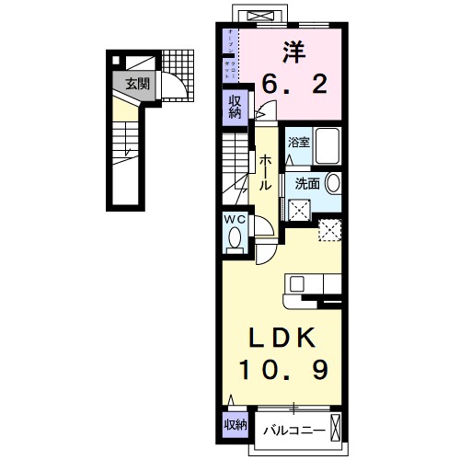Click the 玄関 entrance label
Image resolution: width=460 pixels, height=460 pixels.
pyautogui.click(x=136, y=84)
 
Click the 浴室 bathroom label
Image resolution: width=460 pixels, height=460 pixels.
pyautogui.click(x=299, y=143)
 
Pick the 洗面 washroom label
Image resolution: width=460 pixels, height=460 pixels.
pyautogui.click(x=307, y=183)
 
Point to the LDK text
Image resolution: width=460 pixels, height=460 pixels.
pyautogui.click(x=282, y=337)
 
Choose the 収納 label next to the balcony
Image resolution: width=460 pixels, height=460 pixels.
pyautogui.click(x=235, y=424)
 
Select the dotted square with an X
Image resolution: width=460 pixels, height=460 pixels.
pyautogui.click(x=329, y=230)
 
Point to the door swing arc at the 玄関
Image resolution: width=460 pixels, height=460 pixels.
pyautogui.click(x=174, y=88)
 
